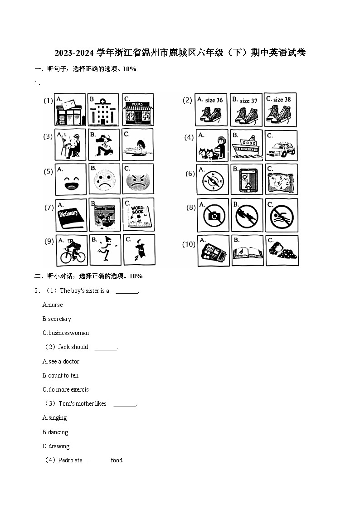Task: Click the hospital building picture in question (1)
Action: tap(103, 110)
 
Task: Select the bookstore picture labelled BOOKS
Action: tap(138, 110)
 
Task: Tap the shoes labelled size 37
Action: tap(246, 110)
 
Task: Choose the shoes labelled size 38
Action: tap(281, 110)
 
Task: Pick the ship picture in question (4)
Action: tap(246, 145)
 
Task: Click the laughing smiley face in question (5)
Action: tap(70, 179)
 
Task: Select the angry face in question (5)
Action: tap(138, 179)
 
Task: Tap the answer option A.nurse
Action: tap(53, 305)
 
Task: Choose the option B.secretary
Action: tap(57, 319)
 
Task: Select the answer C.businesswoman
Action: tap(66, 333)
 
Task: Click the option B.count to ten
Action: tap(60, 375)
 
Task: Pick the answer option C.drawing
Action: tap(56, 446)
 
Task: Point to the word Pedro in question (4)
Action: tap(65, 460)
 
